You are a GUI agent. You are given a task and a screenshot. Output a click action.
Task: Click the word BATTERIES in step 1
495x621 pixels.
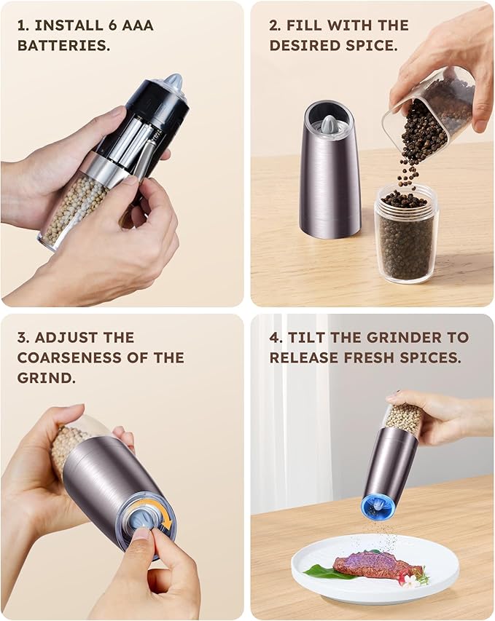(x=63, y=44)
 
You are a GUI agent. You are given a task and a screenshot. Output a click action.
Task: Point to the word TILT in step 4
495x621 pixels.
(x=311, y=338)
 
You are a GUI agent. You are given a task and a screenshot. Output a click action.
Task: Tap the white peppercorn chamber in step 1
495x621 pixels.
(x=73, y=207)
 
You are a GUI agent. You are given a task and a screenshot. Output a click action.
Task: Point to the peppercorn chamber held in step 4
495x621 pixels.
(x=402, y=419)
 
